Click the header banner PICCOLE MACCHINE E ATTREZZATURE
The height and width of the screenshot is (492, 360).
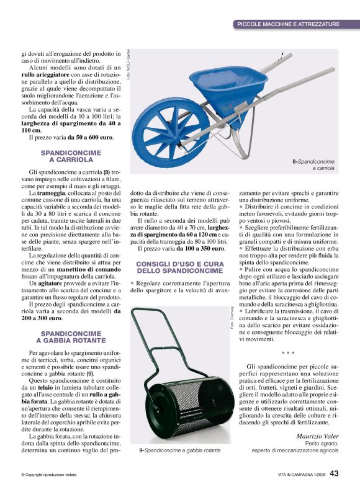[x=288, y=24]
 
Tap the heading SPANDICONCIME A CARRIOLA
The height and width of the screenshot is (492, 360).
[x=66, y=156]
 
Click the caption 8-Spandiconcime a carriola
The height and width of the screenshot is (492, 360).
[x=313, y=164]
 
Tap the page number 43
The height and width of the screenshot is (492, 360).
[x=334, y=473]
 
